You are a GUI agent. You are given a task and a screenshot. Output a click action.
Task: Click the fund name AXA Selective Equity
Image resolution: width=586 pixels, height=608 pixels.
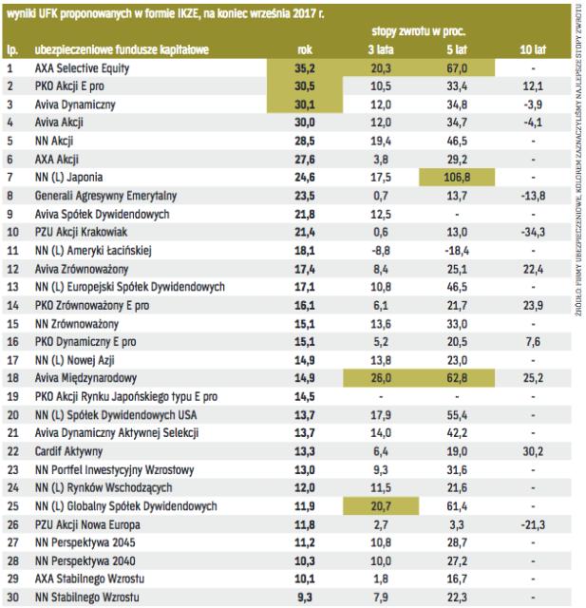[x=81, y=68]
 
